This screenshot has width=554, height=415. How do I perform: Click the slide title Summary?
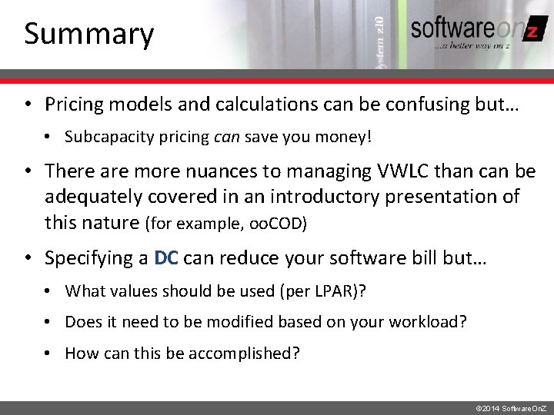click(x=88, y=34)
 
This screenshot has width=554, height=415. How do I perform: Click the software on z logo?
click(x=472, y=32)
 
